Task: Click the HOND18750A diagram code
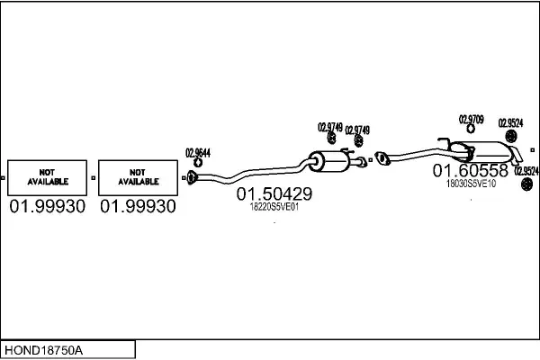pos(43,350)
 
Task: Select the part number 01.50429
pos(274,193)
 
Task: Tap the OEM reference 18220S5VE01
pos(274,207)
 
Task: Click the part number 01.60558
pos(471,170)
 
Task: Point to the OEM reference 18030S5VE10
pos(471,184)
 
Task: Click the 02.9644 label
pos(198,153)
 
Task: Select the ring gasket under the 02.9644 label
pos(198,163)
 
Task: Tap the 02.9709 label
pos(471,120)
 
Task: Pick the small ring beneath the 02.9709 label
pos(471,129)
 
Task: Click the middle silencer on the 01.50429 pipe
pos(328,161)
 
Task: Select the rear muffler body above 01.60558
pos(482,152)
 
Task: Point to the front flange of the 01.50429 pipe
pos(192,177)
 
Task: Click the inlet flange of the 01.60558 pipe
pos(382,158)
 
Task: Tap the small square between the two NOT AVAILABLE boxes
pos(93,178)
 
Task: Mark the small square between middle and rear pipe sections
pos(371,160)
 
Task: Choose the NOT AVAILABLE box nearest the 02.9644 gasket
pos(138,178)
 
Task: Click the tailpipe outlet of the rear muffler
pos(517,156)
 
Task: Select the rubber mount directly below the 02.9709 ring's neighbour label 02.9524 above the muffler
pos(510,136)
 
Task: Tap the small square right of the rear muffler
pos(533,150)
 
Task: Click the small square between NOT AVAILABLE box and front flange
pos(184,178)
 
